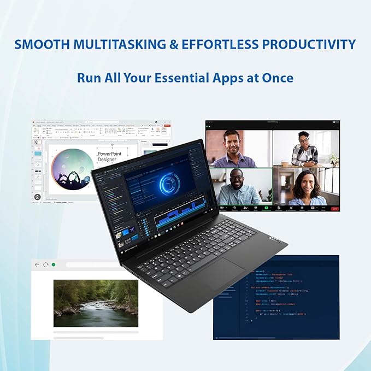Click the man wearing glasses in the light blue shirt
[x=239, y=188]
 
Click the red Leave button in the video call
[x=334, y=208]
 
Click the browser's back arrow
[x=37, y=265]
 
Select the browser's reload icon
[x=45, y=265]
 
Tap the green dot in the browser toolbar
[x=54, y=265]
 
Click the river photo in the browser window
[x=96, y=303]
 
